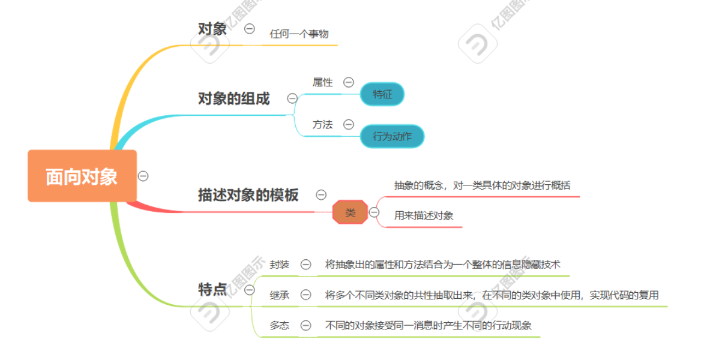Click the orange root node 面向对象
click(x=82, y=176)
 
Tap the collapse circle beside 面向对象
click(x=143, y=176)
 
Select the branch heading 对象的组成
click(x=234, y=98)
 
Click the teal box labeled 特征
click(x=382, y=94)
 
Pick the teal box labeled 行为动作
click(x=392, y=136)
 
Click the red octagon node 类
click(x=350, y=212)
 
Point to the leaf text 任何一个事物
click(x=299, y=34)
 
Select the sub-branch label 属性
click(x=322, y=82)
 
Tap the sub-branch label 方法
click(x=322, y=125)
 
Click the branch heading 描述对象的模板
click(x=248, y=195)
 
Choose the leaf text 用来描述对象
click(x=424, y=215)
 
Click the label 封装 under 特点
click(x=280, y=264)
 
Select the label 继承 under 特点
click(x=280, y=295)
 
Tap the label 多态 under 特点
click(x=280, y=325)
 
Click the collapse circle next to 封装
click(x=305, y=264)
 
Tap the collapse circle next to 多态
click(x=305, y=325)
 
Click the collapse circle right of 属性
click(x=348, y=82)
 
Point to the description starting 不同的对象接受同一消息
click(x=429, y=325)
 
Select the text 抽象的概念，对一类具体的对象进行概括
click(x=482, y=185)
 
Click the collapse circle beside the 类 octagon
click(x=374, y=212)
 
